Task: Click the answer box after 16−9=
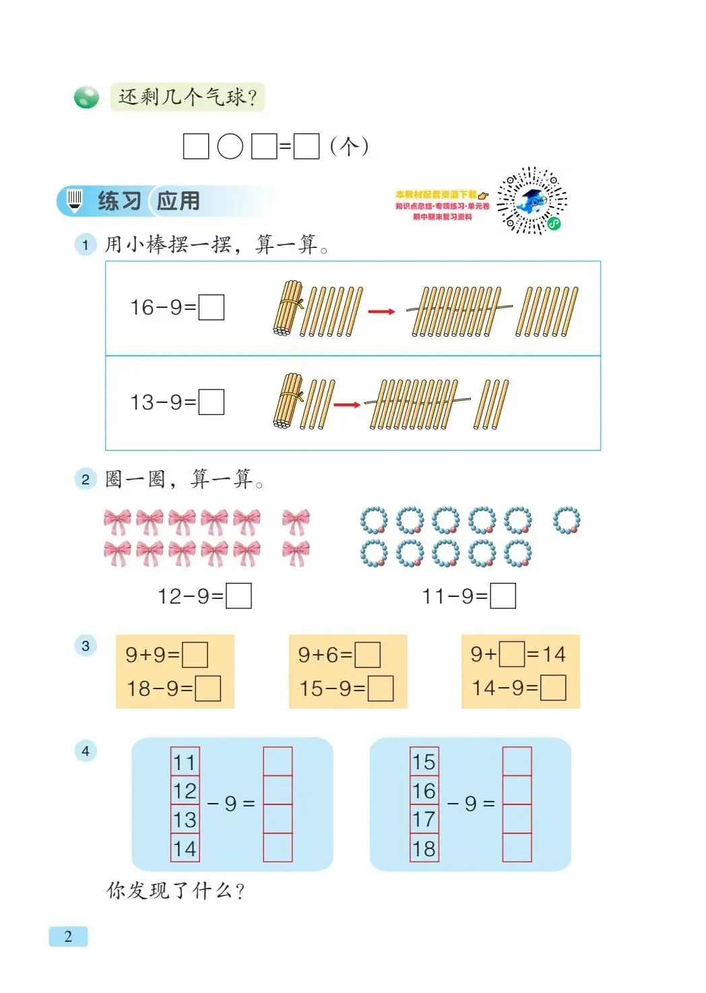pos(212,307)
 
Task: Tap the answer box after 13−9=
pos(212,402)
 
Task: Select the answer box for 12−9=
pos(239,596)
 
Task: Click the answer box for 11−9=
pos(503,596)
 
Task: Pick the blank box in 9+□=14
pos(512,653)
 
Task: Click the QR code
pos(532,201)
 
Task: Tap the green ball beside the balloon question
pos(86,98)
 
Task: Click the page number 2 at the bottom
pos(68,936)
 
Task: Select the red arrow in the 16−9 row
pos(381,311)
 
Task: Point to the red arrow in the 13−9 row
pos(347,405)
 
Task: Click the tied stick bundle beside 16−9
pos(287,308)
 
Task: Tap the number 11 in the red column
pos(185,762)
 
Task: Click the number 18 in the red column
pos(424,848)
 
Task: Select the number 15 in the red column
pos(424,762)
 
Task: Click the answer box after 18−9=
pos(207,688)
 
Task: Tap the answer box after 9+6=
pos(368,654)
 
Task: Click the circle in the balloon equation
pos(230,146)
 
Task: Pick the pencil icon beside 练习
pos(75,200)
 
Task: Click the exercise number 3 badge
pos(86,645)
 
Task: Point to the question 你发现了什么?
pos(175,891)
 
